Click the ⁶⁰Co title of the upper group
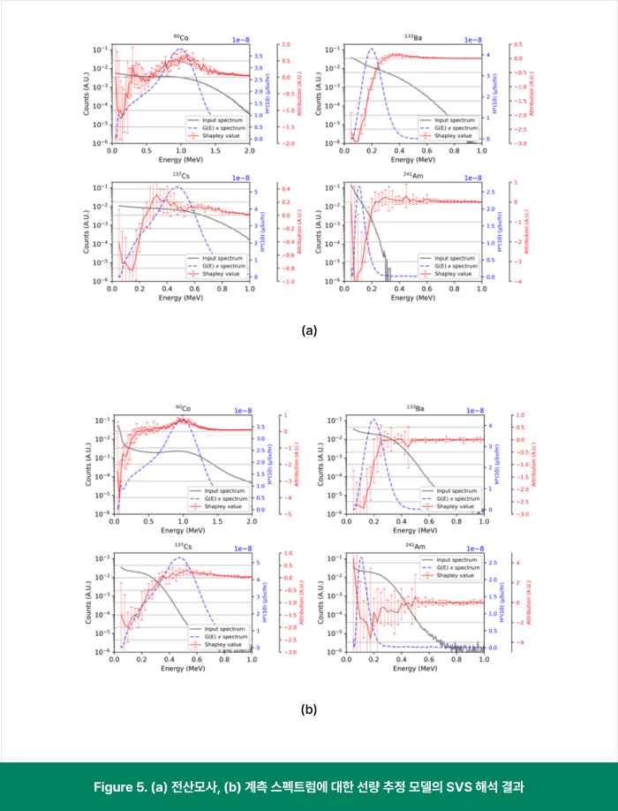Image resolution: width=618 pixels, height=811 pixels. (181, 38)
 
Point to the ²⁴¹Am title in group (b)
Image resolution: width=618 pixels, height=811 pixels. (412, 546)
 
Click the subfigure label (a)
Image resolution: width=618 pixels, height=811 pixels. (309, 330)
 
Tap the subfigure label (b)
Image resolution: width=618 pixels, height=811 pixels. (309, 709)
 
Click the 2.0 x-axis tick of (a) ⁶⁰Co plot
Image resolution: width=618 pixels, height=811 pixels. (250, 151)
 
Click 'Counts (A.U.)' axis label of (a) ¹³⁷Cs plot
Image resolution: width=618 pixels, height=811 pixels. (89, 233)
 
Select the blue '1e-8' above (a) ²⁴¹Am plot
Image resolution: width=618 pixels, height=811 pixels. (474, 178)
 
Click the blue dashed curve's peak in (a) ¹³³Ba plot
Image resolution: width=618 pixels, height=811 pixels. (372, 49)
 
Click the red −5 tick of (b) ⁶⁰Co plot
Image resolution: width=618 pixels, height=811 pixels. (280, 513)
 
